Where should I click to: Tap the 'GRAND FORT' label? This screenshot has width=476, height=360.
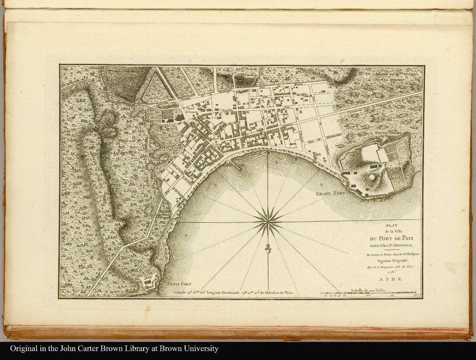pos(330,194)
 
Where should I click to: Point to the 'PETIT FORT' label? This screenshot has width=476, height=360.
pos(179,284)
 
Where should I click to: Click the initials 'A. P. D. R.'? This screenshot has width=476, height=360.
pos(390,279)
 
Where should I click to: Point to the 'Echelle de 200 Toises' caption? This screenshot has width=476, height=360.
pos(368,291)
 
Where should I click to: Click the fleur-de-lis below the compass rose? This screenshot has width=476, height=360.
pos(267,248)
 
